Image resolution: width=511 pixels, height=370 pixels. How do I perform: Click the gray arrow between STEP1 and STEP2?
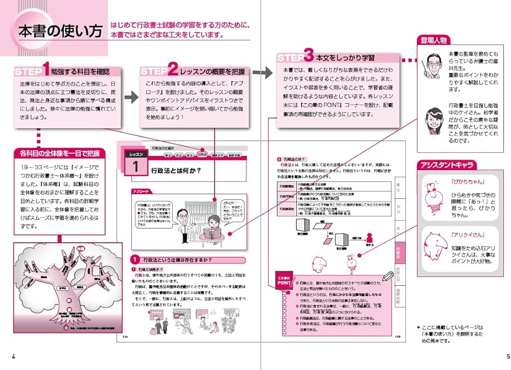coord(131,96)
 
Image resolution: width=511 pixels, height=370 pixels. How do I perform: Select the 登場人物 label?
coord(434,41)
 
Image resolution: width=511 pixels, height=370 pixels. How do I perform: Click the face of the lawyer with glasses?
coord(432,65)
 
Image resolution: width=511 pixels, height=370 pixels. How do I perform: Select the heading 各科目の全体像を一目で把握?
coord(60,153)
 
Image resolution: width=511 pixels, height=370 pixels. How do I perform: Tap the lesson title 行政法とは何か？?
coord(175,171)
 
